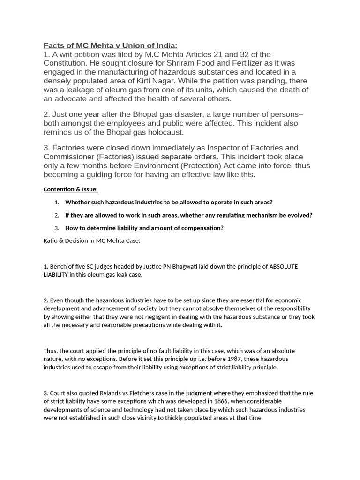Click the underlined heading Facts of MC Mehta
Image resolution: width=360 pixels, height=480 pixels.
(x=111, y=45)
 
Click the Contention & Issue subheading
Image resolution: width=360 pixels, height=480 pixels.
(x=70, y=189)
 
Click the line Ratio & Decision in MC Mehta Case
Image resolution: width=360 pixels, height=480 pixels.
(x=92, y=241)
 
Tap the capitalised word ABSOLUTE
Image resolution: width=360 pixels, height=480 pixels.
(x=283, y=267)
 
